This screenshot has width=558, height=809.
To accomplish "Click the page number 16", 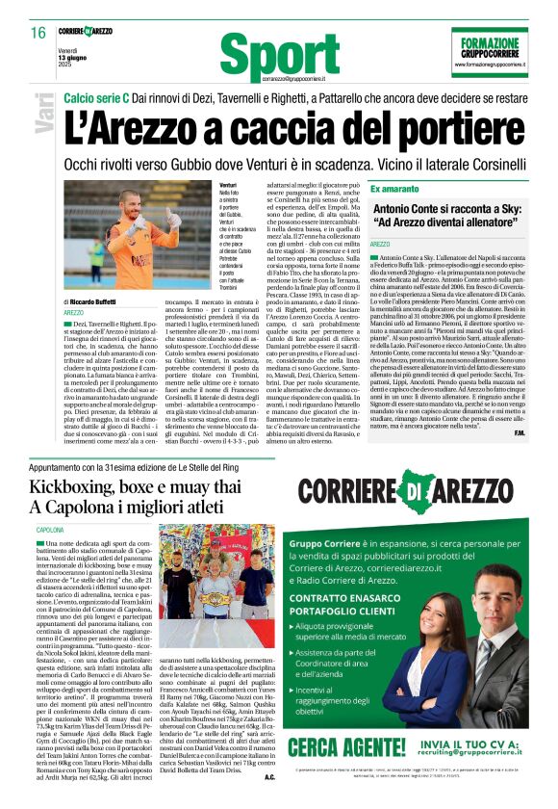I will click(38, 33).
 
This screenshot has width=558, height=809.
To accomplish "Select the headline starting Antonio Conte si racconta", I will click(458, 218).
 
